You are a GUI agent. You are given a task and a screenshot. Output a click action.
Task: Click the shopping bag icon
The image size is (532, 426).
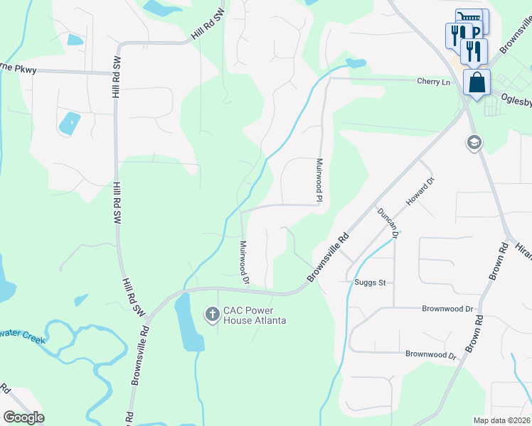pos(477,82)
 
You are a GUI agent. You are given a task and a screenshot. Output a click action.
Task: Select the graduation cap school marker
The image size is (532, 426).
pos(473,143)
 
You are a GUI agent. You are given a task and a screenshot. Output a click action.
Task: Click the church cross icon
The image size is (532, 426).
pos(212,313)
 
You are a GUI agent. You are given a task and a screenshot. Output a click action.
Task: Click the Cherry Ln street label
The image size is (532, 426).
pos(434,82)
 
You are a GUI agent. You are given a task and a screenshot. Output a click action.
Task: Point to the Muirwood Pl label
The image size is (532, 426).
pos(319,178)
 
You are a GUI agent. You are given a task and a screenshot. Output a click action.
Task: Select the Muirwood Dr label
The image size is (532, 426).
pos(244,262)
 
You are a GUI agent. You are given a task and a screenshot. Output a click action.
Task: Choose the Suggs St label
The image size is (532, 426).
pos(370,283)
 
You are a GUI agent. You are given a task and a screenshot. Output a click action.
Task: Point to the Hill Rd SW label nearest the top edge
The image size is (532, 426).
pos(207,28)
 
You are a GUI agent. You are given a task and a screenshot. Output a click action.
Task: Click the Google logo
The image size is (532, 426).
pos(23,417)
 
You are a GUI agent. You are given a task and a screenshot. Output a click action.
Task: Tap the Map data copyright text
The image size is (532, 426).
pos(502,420)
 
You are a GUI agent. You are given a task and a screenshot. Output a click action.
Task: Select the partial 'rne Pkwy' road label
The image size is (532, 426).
pos(19,70)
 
